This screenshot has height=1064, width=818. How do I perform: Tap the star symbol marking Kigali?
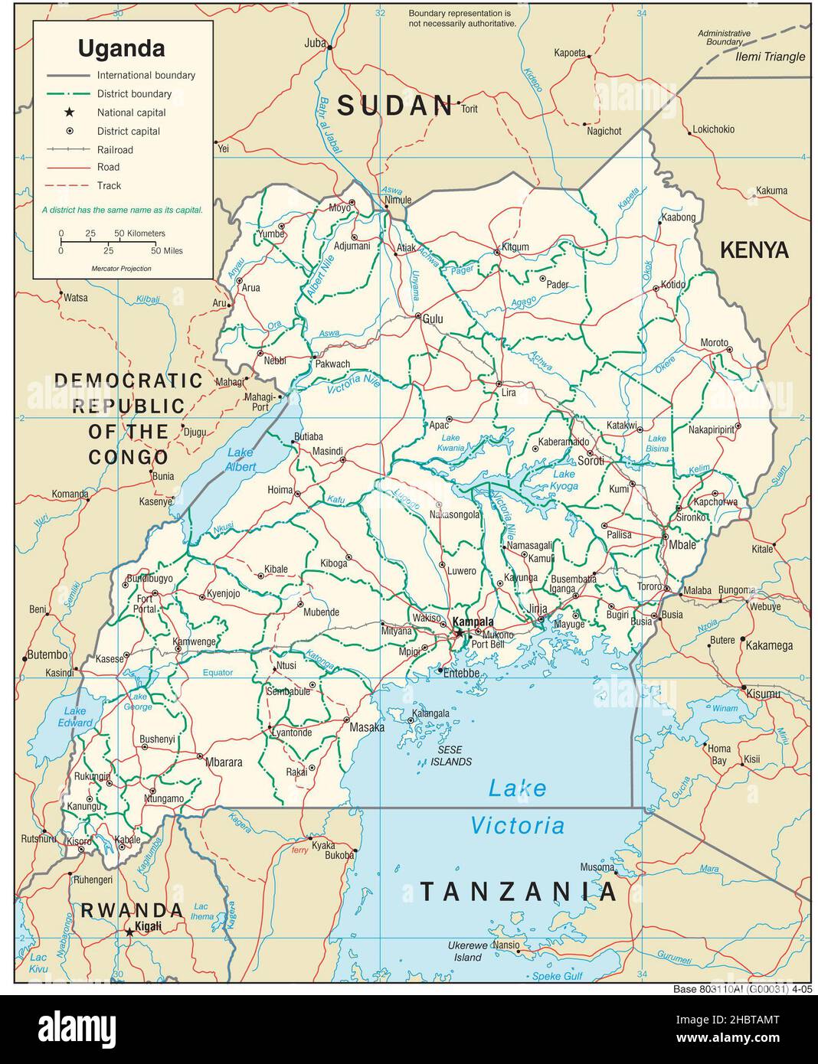[129, 932]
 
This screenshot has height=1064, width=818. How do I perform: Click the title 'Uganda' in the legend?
[121, 49]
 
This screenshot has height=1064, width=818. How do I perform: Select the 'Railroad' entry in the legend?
[114, 149]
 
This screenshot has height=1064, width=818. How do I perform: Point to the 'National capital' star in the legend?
[69, 113]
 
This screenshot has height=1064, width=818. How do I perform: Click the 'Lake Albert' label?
[240, 459]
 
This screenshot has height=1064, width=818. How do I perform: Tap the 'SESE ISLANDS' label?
[451, 756]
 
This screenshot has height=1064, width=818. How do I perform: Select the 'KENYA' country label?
[754, 250]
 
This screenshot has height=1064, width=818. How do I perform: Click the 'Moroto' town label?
[714, 342]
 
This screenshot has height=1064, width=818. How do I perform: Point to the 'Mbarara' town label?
[224, 762]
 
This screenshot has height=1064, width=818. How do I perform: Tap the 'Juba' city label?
[315, 43]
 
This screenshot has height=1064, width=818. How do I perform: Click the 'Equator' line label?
[218, 673]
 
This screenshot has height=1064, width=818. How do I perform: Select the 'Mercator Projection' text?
[121, 269]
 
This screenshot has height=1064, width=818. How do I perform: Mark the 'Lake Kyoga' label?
[565, 480]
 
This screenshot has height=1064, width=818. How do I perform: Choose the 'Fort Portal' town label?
[145, 604]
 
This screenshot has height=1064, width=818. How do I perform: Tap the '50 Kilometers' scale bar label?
[140, 233]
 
